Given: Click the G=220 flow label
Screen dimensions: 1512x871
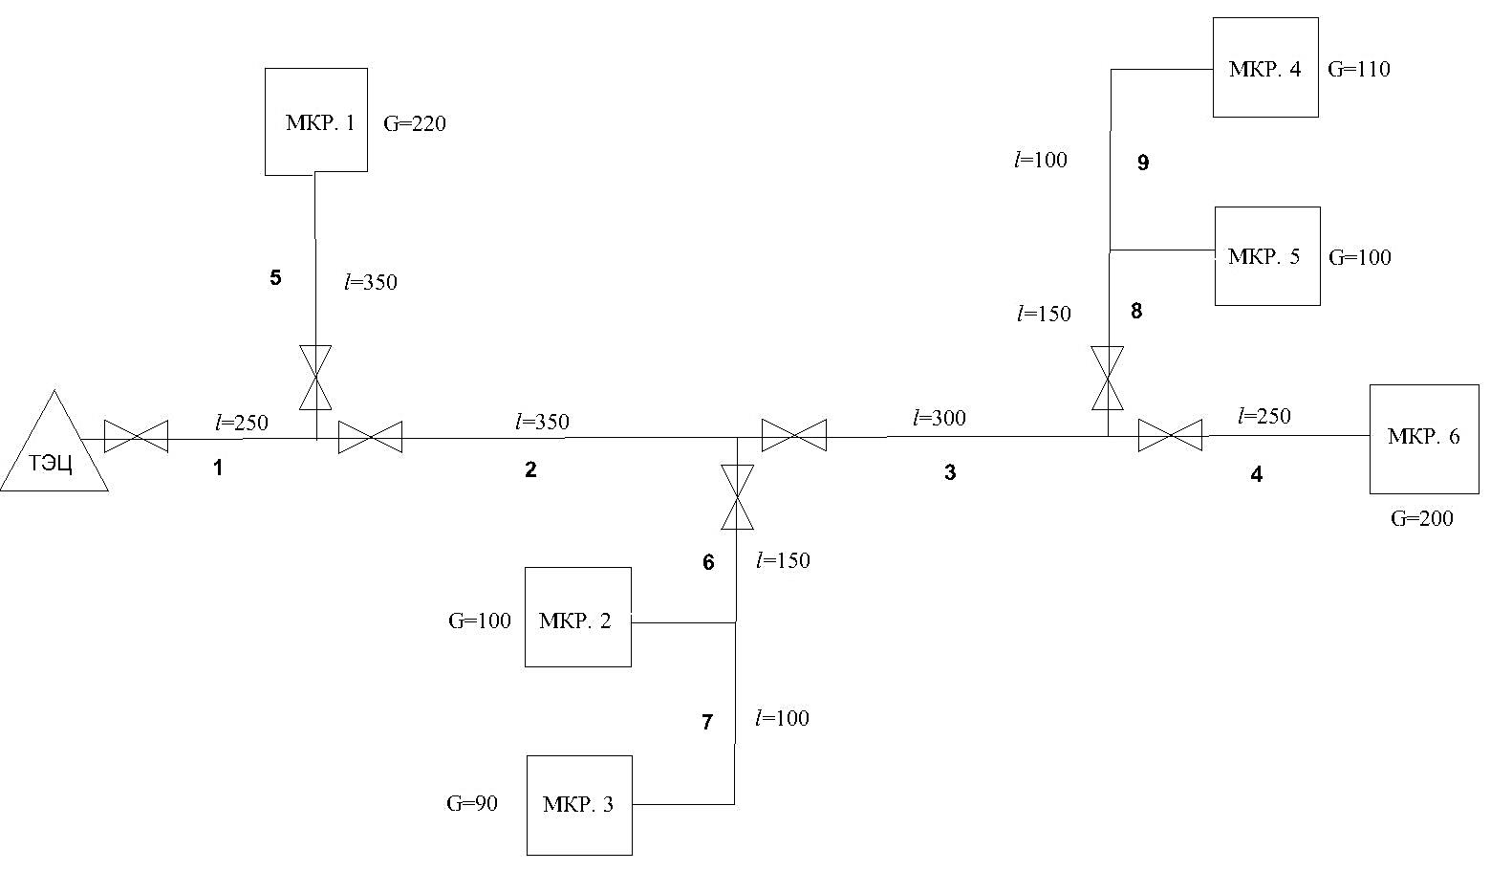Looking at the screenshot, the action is [415, 123].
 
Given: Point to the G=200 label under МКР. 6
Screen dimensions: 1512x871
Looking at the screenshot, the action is [1421, 518].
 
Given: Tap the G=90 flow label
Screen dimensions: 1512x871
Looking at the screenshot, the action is [472, 803].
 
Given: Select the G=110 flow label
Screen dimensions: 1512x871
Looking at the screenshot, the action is [1359, 69].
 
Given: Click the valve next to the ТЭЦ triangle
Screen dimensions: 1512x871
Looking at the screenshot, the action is [137, 437].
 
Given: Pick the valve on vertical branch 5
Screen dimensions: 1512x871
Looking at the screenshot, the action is [315, 378].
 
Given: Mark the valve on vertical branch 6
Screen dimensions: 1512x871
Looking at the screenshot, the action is [737, 497].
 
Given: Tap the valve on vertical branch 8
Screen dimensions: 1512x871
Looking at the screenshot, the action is [1108, 378].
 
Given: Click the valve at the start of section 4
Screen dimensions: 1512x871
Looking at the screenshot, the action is [1171, 436].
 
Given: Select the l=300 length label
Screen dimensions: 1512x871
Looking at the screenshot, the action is [940, 418].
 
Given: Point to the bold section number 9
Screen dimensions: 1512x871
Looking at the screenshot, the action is [1143, 163].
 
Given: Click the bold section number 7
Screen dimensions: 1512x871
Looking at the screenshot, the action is [706, 723].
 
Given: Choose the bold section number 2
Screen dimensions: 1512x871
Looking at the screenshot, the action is [530, 469].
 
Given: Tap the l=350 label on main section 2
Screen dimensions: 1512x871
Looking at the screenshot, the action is [542, 422].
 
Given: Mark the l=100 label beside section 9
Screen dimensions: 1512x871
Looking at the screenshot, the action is [1041, 160].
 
